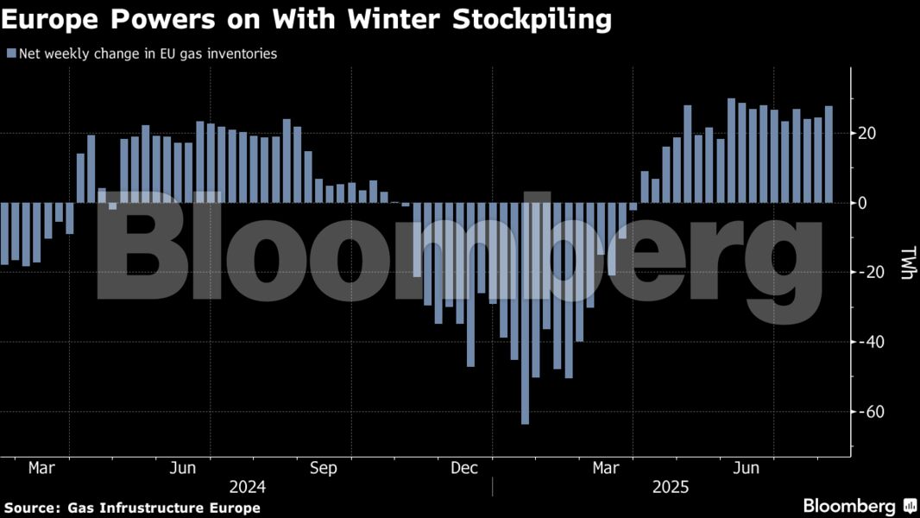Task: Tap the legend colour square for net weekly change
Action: tap(10, 54)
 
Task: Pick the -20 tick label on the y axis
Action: tap(866, 272)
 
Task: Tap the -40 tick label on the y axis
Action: tap(866, 342)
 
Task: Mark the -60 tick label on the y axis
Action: tap(866, 411)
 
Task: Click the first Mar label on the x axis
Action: tap(41, 468)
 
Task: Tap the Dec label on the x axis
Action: tap(464, 468)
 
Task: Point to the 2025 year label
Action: tap(671, 488)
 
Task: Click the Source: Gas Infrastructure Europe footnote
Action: tap(132, 508)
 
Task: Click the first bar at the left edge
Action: tap(4, 233)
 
